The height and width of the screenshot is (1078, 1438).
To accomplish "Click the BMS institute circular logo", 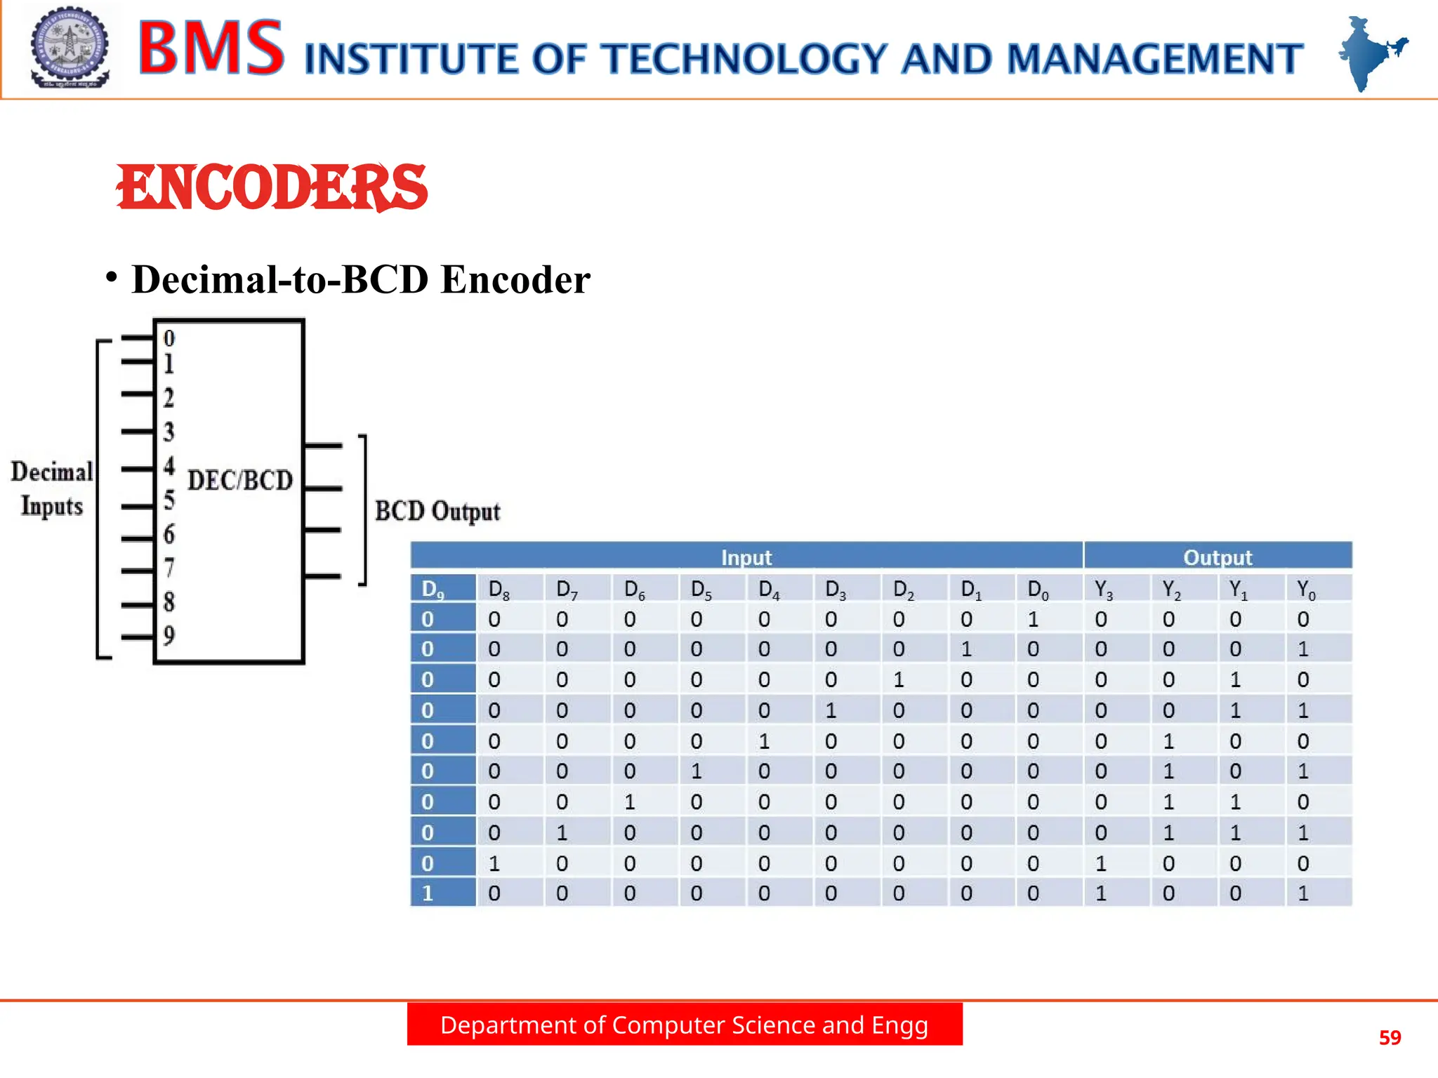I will (70, 48).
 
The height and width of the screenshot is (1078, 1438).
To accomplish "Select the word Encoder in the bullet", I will (515, 279).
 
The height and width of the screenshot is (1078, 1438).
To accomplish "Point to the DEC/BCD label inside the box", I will (240, 481).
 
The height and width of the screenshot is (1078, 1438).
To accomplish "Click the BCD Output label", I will (437, 511).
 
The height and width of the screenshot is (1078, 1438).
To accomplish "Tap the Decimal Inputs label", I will (52, 488).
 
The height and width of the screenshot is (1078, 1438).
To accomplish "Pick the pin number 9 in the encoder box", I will (169, 636).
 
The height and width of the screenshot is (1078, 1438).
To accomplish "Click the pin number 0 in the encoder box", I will (169, 338).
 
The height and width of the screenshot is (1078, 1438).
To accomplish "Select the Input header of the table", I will (746, 557).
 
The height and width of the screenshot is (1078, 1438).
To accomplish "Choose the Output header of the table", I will (1218, 557).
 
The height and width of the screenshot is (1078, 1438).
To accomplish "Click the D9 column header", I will (432, 589).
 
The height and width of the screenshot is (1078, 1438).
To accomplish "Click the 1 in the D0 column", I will (1033, 619).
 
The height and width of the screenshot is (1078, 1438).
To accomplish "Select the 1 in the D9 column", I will (428, 893).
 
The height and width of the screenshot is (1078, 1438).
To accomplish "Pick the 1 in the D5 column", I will (697, 771).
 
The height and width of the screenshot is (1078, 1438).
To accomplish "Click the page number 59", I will (1390, 1037).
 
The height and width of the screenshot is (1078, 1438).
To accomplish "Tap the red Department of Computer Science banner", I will (685, 1025).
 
